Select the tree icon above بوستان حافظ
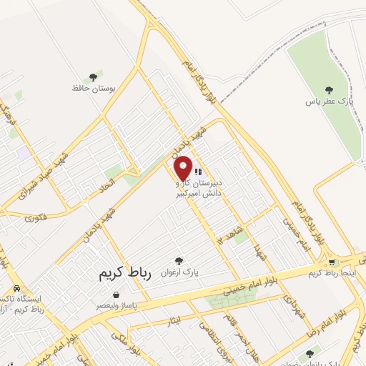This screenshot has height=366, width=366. click(92, 76)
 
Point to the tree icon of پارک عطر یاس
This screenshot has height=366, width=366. click(329, 90)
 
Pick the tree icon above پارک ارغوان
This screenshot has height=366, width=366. click(179, 262)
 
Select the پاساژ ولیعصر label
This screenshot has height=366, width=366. click(117, 305)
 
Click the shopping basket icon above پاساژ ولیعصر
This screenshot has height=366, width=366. click(116, 294)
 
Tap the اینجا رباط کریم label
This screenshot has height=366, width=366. click(336, 274)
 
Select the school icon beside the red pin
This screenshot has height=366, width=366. click(198, 172)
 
